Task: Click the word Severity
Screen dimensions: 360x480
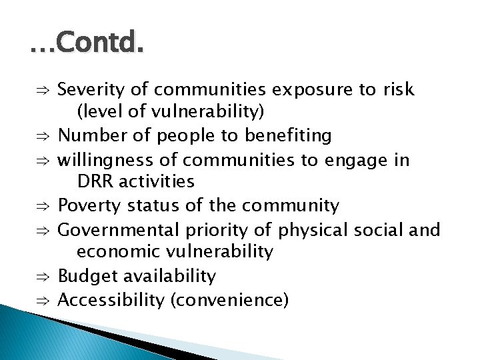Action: pos(87,90)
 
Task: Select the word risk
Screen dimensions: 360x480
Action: pos(398,90)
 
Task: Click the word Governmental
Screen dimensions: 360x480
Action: pos(118,230)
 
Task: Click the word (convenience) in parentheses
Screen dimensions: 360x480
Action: pos(229,300)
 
